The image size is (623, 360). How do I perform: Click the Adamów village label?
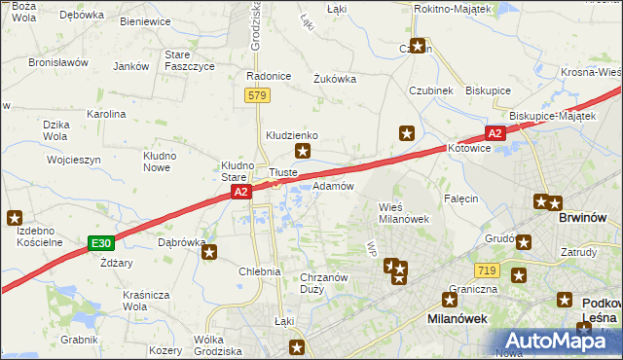click(x=333, y=185)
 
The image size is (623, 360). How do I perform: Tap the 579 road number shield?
click(x=257, y=95)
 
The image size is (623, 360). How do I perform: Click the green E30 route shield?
click(x=98, y=241)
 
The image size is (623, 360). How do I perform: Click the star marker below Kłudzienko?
click(x=304, y=151)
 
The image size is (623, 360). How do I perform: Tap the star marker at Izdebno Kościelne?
click(x=15, y=219)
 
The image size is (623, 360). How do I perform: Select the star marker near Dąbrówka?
click(x=209, y=254)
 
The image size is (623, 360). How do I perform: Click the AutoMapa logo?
click(x=558, y=341)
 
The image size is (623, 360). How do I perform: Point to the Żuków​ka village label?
click(x=334, y=80)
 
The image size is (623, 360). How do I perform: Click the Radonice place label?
click(x=270, y=76)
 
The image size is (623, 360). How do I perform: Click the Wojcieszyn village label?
click(x=73, y=159)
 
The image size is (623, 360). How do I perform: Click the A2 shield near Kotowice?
click(x=495, y=133)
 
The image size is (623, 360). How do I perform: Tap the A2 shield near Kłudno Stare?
click(x=242, y=194)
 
